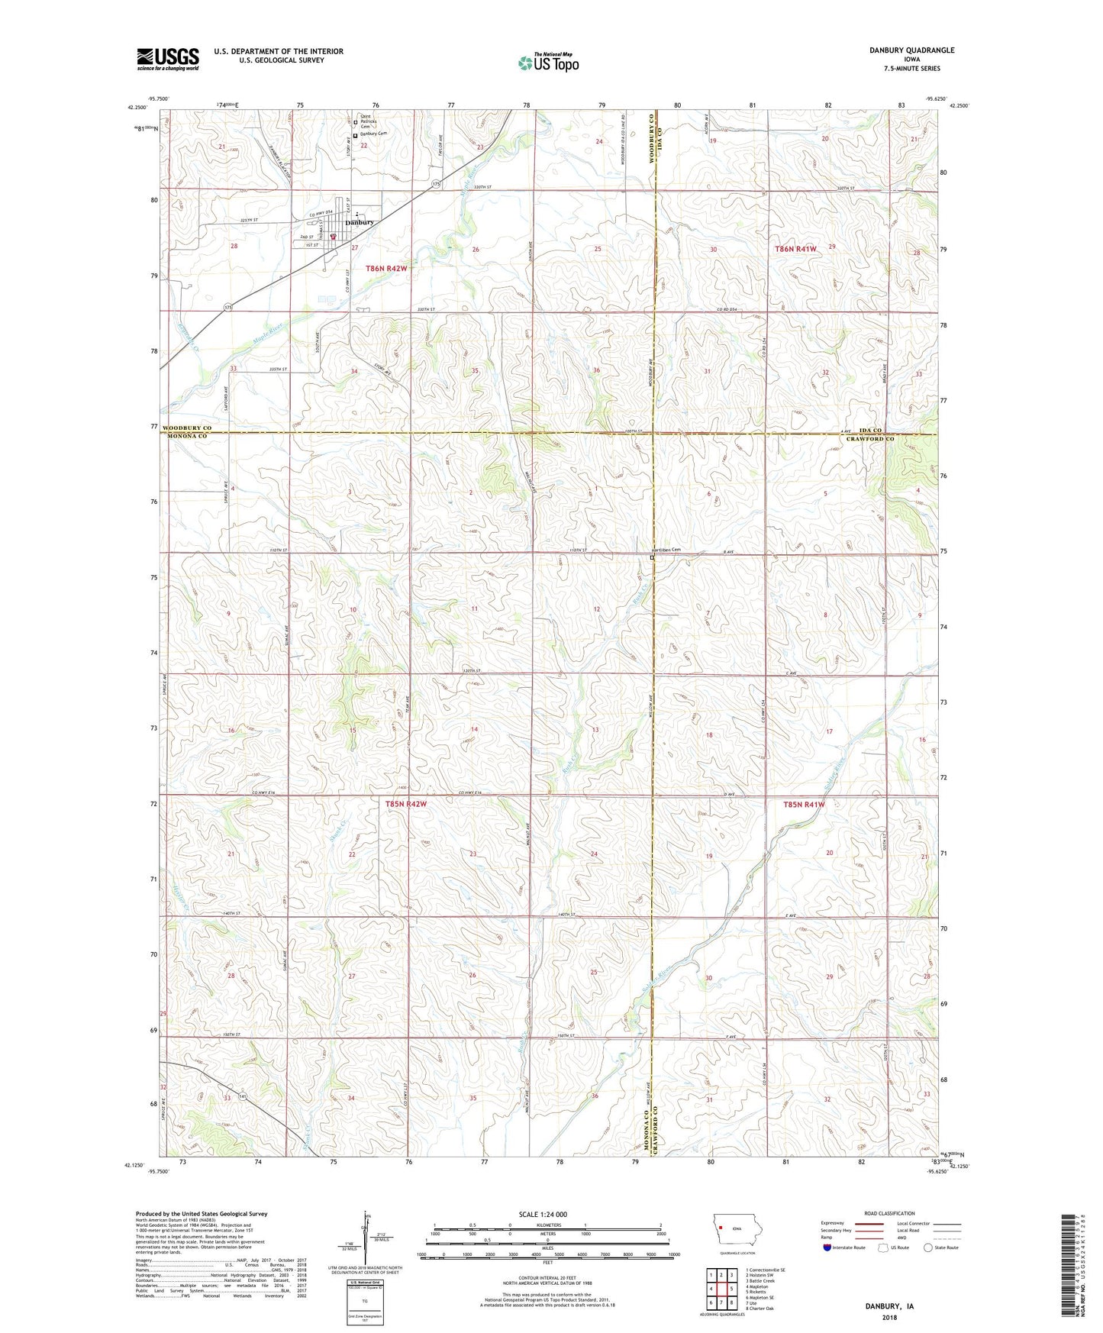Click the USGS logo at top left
point(168,58)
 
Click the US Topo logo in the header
point(548,63)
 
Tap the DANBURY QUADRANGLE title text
point(911,50)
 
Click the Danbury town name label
point(359,222)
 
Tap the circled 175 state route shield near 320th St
point(436,184)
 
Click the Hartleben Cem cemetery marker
point(653,558)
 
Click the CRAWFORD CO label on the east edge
point(869,439)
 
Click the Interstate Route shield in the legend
point(828,1247)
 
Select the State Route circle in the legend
point(928,1247)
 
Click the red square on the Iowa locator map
point(720,1228)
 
